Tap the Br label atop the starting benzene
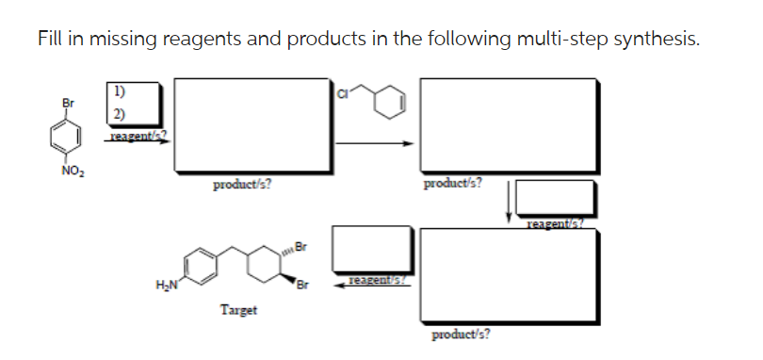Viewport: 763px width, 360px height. [x=66, y=102]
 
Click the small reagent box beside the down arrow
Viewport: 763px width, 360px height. [x=554, y=197]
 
